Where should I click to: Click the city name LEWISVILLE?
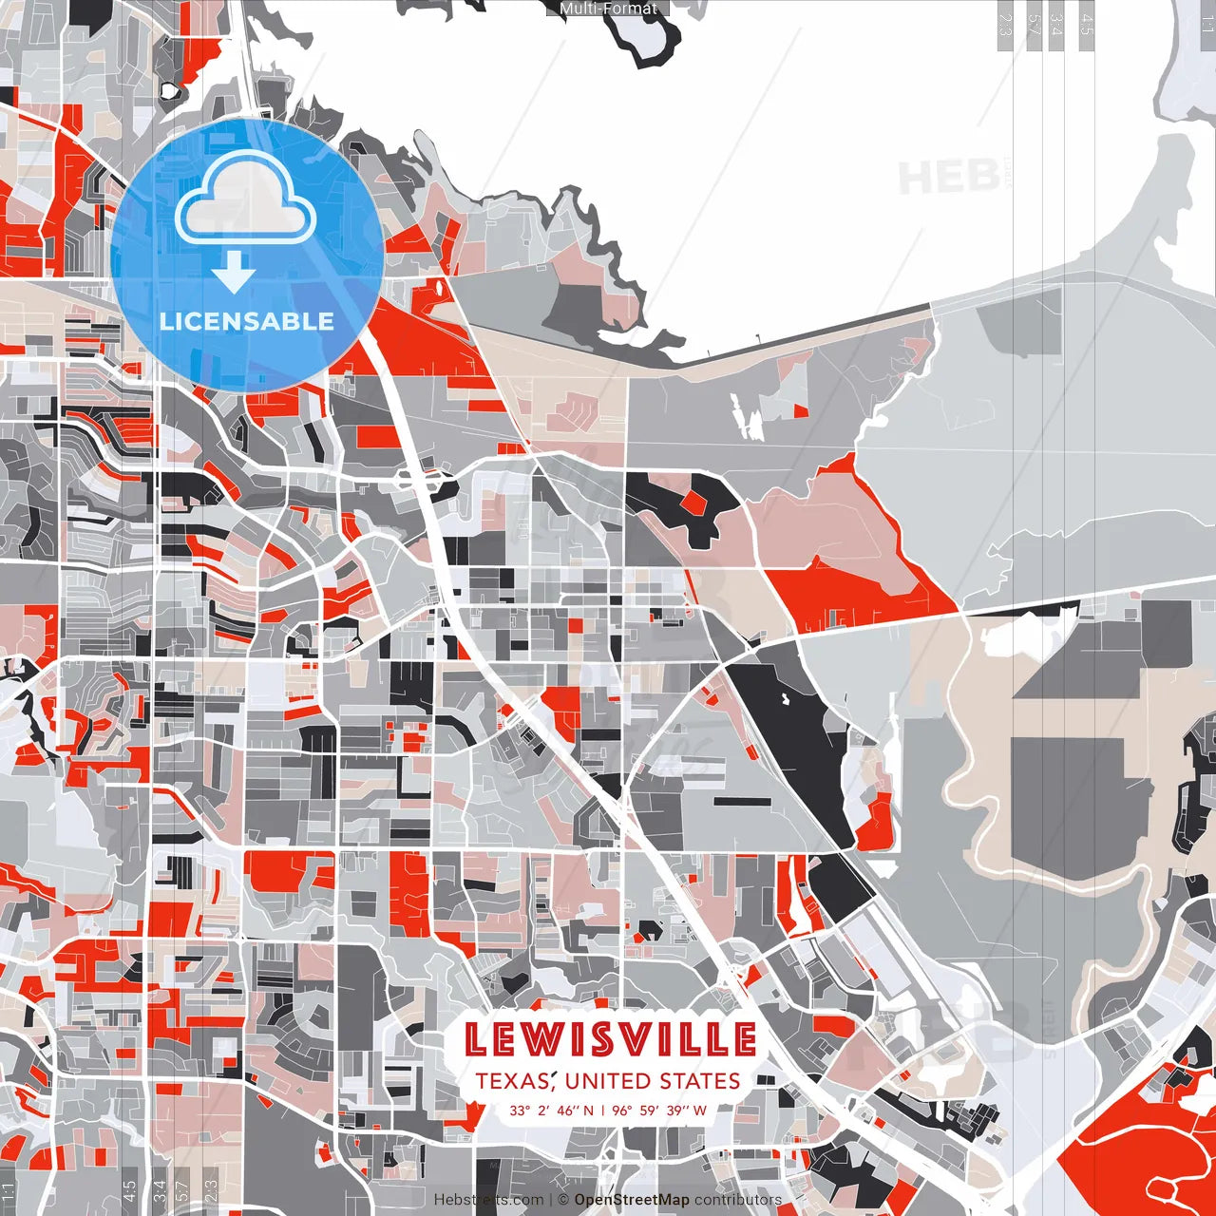(610, 1039)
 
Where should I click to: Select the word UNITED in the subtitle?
(609, 1081)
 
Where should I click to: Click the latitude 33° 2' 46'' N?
(551, 1110)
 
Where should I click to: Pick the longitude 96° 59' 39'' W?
(659, 1110)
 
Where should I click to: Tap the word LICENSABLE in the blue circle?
(247, 321)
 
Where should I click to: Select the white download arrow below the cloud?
(234, 274)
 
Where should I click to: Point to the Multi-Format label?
(608, 9)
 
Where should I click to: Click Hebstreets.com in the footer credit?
(489, 1200)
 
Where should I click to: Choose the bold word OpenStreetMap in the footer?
(632, 1200)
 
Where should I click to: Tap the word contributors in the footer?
(738, 1200)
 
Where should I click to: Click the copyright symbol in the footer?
(563, 1200)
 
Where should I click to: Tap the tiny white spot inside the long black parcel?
(786, 700)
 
